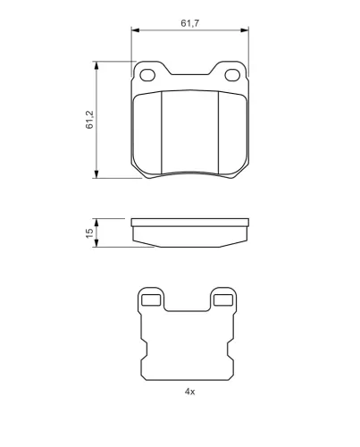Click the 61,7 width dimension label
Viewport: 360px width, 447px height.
click(x=190, y=23)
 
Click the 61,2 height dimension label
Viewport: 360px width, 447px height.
click(x=89, y=120)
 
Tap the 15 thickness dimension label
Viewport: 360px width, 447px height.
click(x=89, y=233)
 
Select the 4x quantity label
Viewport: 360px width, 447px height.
click(x=189, y=392)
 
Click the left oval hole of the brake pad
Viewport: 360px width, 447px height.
click(x=147, y=75)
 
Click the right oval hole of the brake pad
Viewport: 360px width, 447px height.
click(x=232, y=75)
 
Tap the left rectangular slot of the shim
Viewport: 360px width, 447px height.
click(x=151, y=300)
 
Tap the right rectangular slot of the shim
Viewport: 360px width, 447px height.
click(x=223, y=300)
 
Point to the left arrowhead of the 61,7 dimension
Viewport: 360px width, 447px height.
click(x=135, y=30)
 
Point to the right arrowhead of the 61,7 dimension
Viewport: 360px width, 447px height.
click(x=245, y=30)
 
